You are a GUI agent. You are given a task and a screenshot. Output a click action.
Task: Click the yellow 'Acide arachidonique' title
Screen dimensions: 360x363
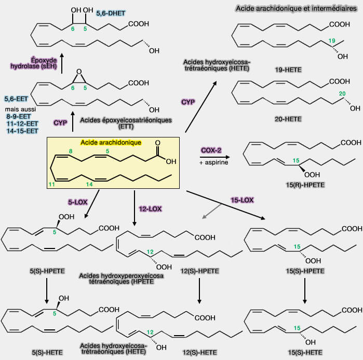tap(111, 142)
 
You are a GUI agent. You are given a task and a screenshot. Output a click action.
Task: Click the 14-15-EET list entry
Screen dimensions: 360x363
tap(21, 131)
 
